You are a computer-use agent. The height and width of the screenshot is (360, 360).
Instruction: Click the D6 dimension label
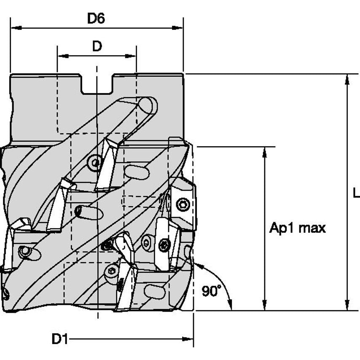96,19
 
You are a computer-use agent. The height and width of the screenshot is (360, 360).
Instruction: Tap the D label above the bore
97,46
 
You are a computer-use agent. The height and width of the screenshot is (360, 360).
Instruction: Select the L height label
356,193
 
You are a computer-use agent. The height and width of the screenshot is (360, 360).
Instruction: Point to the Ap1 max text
298,228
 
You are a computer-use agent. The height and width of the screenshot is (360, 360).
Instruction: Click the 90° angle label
211,291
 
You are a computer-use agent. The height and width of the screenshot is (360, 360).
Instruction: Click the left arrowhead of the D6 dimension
15,28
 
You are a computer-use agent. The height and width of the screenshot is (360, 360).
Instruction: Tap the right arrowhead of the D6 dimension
178,28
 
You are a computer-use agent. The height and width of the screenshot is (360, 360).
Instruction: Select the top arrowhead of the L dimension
347,79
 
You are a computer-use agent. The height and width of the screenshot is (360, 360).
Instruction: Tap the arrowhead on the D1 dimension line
188,339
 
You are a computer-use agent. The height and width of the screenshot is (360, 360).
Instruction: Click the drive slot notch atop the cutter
97,84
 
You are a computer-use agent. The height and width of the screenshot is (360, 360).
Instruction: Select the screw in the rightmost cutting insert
183,205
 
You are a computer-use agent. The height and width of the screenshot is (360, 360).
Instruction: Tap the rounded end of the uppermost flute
148,105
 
